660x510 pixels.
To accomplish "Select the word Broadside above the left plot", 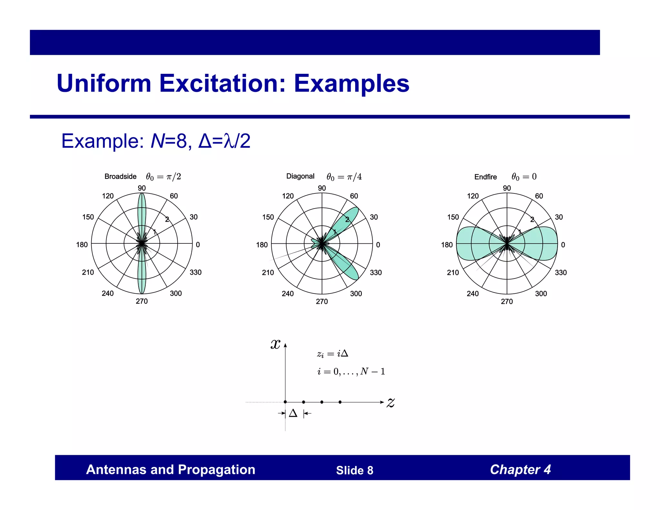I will pyautogui.click(x=120, y=177).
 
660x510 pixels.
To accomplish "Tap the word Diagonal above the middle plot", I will pyautogui.click(x=300, y=176).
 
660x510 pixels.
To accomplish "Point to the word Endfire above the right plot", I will pyautogui.click(x=485, y=177).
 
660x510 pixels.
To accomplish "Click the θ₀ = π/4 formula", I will pyautogui.click(x=344, y=177).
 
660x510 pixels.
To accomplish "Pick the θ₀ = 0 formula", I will pyautogui.click(x=524, y=177).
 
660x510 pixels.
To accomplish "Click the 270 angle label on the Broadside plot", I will pyautogui.click(x=142, y=301).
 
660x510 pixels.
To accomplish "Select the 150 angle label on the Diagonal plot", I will pyautogui.click(x=268, y=217).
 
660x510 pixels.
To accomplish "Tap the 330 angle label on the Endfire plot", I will pyautogui.click(x=561, y=273).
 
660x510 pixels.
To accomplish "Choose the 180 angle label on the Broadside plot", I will pyautogui.click(x=82, y=245).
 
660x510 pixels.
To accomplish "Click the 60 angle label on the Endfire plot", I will pyautogui.click(x=539, y=196).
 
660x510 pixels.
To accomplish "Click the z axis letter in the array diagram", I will pyautogui.click(x=391, y=403).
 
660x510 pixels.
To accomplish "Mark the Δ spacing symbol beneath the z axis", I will pyautogui.click(x=293, y=413).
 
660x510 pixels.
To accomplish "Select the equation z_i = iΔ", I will pyautogui.click(x=333, y=354).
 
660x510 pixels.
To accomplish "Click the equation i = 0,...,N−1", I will pyautogui.click(x=351, y=372).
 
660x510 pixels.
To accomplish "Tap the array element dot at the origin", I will pyautogui.click(x=285, y=402).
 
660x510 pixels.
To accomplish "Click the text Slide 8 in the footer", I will pyautogui.click(x=354, y=470).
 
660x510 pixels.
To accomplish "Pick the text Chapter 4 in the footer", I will pyautogui.click(x=520, y=470).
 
